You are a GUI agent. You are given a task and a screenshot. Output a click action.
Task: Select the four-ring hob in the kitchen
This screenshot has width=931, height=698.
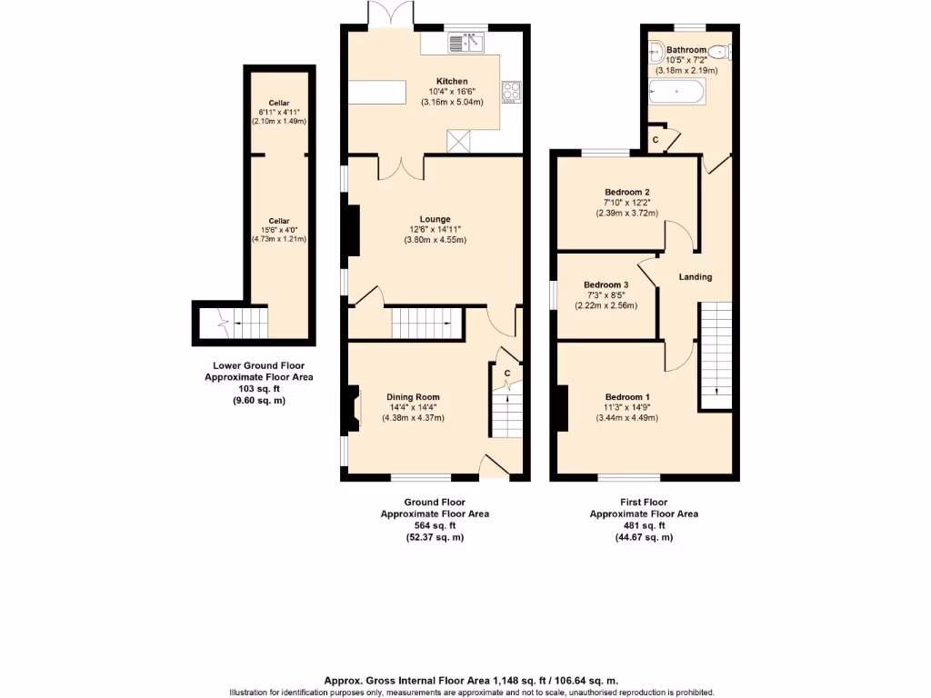pyautogui.click(x=509, y=91)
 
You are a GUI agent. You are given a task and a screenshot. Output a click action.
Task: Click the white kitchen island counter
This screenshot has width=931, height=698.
pyautogui.click(x=377, y=93)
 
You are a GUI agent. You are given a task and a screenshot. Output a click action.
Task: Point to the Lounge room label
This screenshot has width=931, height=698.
pyautogui.click(x=435, y=218)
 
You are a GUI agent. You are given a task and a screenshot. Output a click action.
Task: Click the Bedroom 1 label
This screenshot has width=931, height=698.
pyautogui.click(x=627, y=397)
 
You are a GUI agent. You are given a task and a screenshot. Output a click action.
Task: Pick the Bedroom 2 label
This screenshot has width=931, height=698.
pyautogui.click(x=626, y=192)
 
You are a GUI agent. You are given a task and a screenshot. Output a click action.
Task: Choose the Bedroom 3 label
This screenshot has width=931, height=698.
pyautogui.click(x=606, y=284)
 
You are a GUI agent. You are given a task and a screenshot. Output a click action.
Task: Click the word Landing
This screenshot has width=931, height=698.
pyautogui.click(x=695, y=276)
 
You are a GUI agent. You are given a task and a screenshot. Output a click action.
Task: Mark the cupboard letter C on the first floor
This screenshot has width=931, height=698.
pyautogui.click(x=656, y=139)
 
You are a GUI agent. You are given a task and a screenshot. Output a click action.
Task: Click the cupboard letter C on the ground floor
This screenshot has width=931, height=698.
pyautogui.click(x=507, y=373)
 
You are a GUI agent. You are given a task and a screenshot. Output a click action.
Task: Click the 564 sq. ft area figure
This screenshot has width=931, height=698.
pyautogui.click(x=434, y=525)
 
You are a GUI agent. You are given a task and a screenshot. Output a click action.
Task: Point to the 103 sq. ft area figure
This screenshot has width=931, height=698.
pyautogui.click(x=254, y=388)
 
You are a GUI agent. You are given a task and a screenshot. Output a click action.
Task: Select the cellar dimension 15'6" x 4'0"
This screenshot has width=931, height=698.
pyautogui.click(x=278, y=230)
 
